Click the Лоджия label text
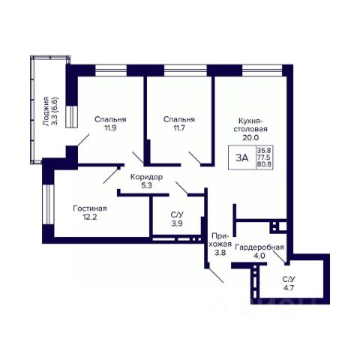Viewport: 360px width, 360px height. (x=46, y=111)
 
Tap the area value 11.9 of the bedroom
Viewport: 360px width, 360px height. (x=110, y=128)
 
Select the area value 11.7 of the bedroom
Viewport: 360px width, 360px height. (x=179, y=128)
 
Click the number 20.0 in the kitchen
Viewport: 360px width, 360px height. (x=250, y=137)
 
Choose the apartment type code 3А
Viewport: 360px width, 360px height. (x=242, y=157)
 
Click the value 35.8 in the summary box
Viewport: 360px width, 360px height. (x=265, y=150)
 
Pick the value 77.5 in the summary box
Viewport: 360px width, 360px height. (x=265, y=157)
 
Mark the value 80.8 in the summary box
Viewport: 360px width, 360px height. (x=265, y=165)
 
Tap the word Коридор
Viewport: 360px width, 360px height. (x=146, y=177)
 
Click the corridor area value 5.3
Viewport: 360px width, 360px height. (x=146, y=185)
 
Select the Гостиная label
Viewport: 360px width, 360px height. (x=90, y=208)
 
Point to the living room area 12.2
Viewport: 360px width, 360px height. (x=90, y=217)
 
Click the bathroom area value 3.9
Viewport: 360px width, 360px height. (x=177, y=223)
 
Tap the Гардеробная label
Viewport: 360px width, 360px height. (x=259, y=247)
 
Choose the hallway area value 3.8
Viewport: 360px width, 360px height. (x=220, y=253)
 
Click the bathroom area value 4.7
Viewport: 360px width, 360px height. (x=289, y=288)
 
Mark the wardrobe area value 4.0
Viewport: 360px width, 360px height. (x=259, y=256)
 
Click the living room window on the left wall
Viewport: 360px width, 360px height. (x=48, y=205)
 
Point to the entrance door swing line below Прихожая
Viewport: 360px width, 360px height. (x=215, y=275)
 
